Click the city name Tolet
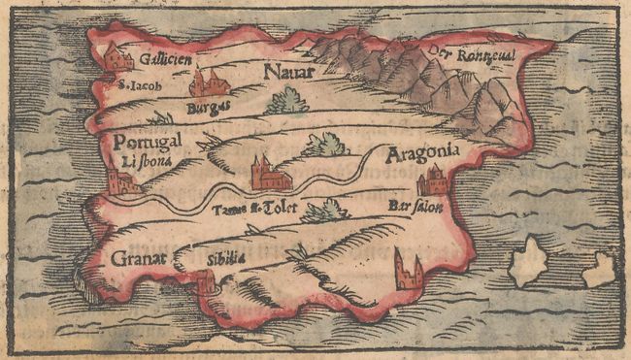(x=277, y=208)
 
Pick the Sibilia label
(x=222, y=259)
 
